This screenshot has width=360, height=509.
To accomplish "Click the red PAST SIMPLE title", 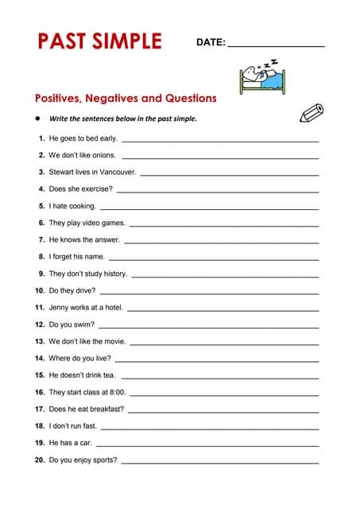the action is (99, 41).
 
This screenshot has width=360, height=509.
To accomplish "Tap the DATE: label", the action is (211, 42).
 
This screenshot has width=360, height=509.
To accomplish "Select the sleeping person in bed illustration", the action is (260, 76).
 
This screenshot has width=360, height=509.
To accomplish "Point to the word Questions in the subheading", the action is (190, 99).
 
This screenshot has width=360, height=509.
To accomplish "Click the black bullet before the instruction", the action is (37, 119).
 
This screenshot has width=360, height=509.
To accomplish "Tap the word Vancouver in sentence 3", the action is (118, 172).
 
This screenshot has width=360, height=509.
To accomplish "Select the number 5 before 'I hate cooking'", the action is (41, 206).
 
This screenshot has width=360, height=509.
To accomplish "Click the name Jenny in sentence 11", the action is (60, 307).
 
